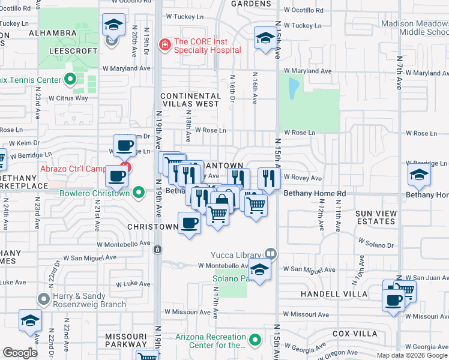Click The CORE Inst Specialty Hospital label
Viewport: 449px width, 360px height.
[207, 46]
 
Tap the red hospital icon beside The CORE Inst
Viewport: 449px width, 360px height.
[163, 44]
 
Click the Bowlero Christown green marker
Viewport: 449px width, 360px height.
[139, 193]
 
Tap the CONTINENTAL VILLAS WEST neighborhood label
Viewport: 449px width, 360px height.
[190, 100]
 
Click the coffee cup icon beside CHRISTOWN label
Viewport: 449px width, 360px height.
[189, 223]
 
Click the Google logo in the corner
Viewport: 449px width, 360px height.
[20, 353]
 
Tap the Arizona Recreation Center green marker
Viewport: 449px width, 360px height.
[256, 341]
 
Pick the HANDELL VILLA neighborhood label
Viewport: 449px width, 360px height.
[336, 294]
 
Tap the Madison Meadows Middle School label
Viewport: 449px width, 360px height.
[414, 28]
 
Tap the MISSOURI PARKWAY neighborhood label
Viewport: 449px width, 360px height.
[125, 340]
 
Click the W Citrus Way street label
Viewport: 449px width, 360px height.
[68, 98]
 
